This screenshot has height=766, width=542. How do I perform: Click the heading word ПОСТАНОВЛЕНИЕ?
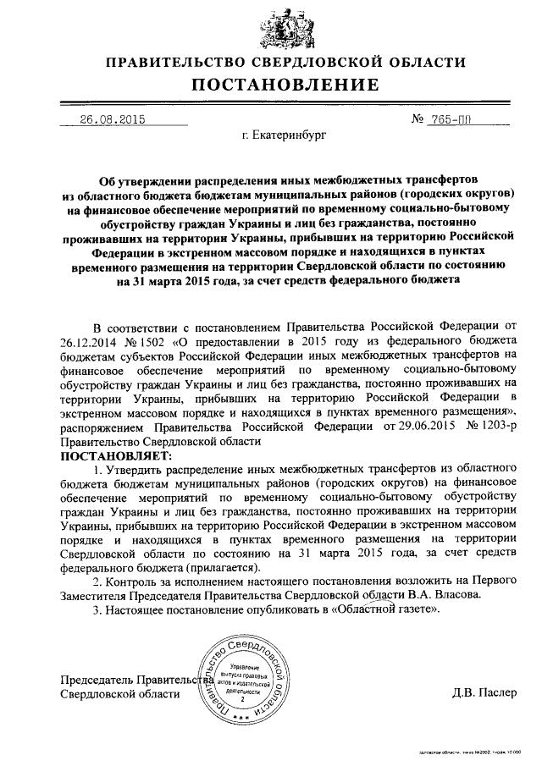pos(285,85)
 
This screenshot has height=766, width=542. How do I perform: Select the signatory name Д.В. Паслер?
pos(484,693)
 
